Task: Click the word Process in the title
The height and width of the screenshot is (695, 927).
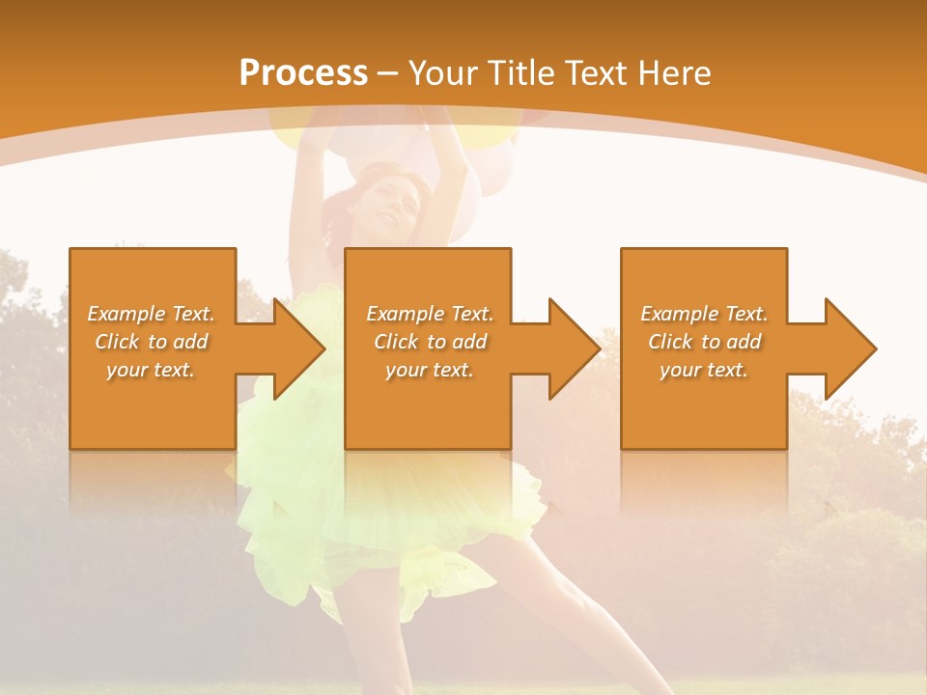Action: [303, 73]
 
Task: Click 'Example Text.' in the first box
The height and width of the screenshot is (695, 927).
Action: [151, 314]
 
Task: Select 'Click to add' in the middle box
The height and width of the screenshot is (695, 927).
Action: [430, 342]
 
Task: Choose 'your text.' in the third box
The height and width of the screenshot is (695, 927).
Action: [703, 370]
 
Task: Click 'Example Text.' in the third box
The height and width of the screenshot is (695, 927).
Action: [704, 314]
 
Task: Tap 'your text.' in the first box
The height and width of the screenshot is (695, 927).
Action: [151, 370]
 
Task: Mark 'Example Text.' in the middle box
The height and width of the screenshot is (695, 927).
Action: [430, 314]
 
